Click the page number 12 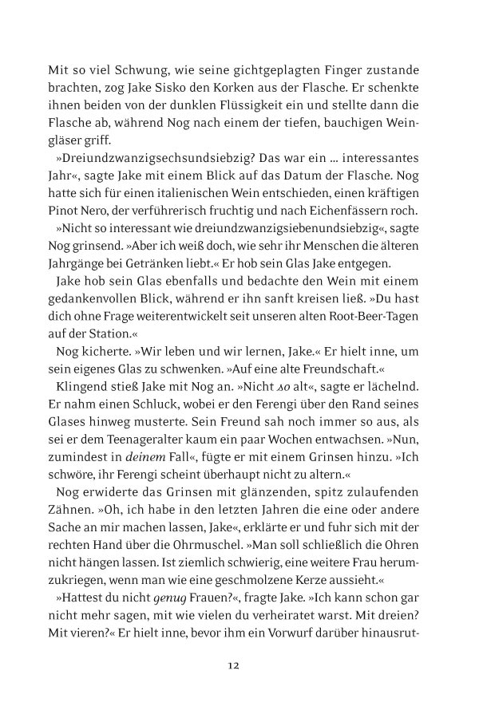click(x=233, y=665)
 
